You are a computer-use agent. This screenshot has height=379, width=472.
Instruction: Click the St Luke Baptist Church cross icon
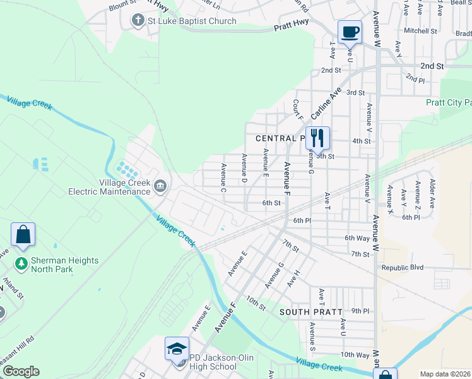point(138,21)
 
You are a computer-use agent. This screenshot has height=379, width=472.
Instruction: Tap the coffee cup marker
point(350,32)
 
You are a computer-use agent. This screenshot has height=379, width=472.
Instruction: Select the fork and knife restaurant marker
point(317,138)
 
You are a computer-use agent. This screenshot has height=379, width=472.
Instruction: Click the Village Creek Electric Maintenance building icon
point(160,186)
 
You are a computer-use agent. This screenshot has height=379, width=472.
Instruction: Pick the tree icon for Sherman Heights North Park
point(21,262)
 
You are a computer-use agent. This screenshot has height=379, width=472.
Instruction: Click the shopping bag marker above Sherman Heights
point(23,234)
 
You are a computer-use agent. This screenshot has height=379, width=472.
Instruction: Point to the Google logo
point(20,371)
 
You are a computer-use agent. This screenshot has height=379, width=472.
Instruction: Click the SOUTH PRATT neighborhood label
point(311,312)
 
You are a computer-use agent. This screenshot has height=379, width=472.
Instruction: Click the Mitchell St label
point(420,31)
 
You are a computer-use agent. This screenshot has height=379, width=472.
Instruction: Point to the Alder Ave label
point(432,193)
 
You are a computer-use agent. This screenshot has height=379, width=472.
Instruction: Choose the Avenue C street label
point(223,178)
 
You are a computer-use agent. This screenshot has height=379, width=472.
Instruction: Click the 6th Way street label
point(357,238)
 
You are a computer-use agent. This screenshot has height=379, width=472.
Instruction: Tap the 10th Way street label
point(355,355)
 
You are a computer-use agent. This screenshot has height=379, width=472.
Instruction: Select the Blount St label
point(122,7)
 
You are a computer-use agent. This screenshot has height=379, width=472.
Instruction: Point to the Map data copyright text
point(445,374)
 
